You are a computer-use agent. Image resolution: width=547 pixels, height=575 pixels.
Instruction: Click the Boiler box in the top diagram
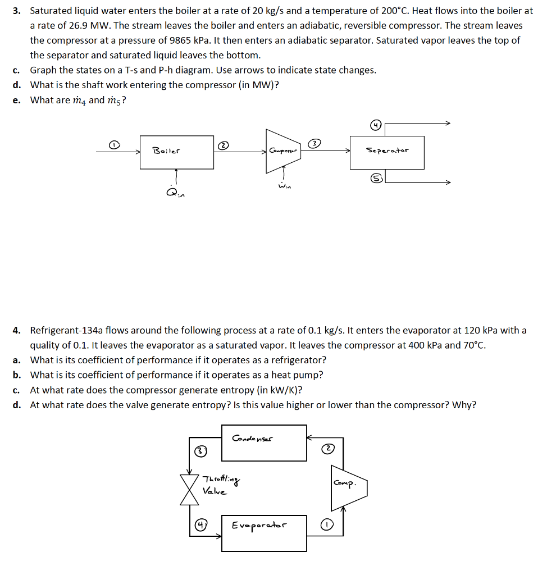pyautogui.click(x=177, y=152)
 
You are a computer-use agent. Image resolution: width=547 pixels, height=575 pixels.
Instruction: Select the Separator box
pyautogui.click(x=386, y=152)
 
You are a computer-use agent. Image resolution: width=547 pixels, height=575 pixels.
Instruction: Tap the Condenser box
pyautogui.click(x=264, y=442)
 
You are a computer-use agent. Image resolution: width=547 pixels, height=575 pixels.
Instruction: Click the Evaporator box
pyautogui.click(x=264, y=532)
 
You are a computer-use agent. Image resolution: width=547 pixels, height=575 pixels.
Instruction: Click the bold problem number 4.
pyautogui.click(x=17, y=330)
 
